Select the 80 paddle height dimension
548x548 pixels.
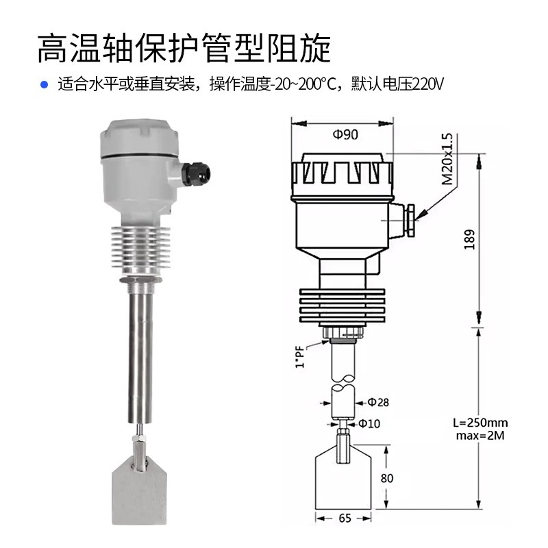tap(387, 478)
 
